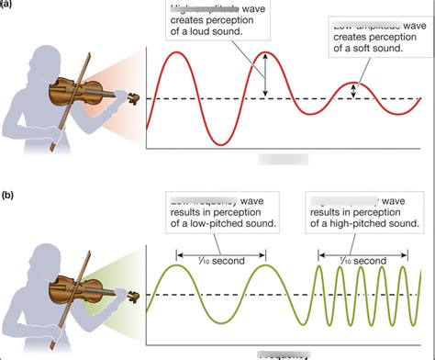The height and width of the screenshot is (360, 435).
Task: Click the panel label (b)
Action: [x=7, y=195]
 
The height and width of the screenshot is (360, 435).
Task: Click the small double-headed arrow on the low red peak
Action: [x=355, y=90]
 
